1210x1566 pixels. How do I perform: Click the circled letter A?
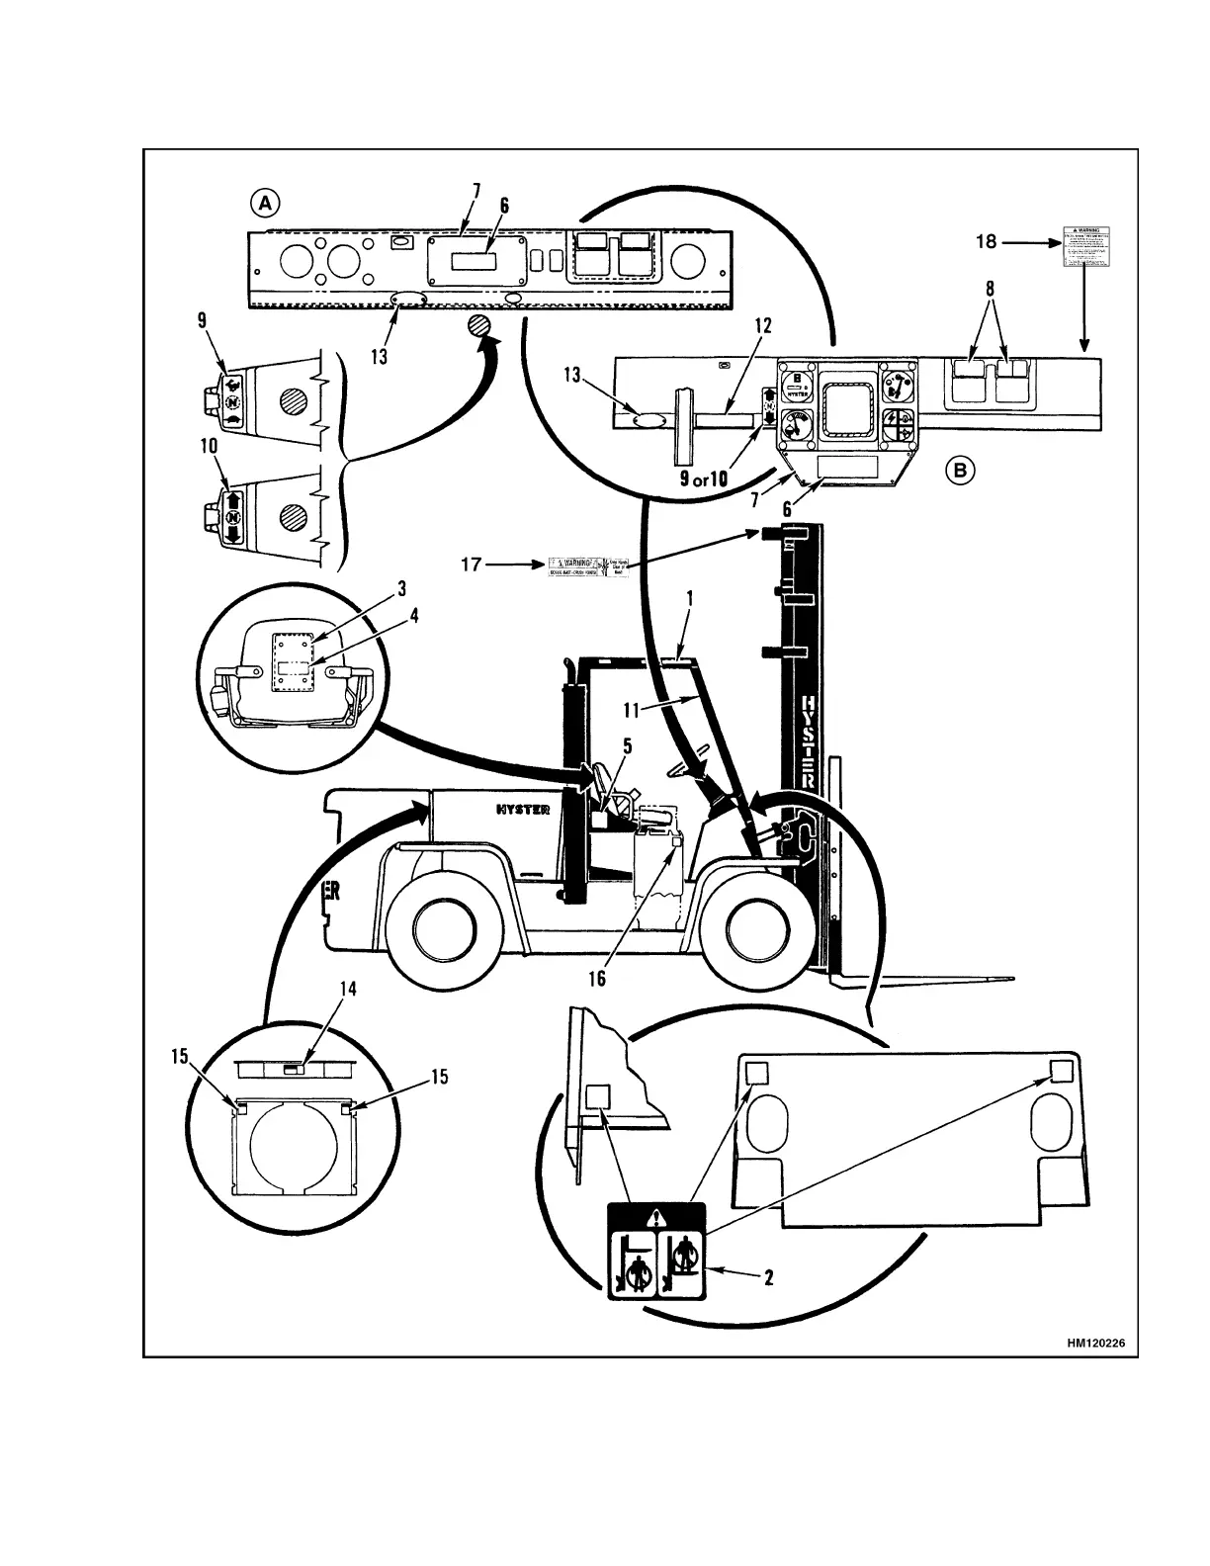(264, 204)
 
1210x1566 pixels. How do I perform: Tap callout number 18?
(987, 240)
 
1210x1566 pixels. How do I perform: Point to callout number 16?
(597, 978)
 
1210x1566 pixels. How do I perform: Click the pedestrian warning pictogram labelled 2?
(656, 1252)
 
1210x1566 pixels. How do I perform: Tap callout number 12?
(762, 326)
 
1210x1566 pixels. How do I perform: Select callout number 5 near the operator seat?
(628, 746)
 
